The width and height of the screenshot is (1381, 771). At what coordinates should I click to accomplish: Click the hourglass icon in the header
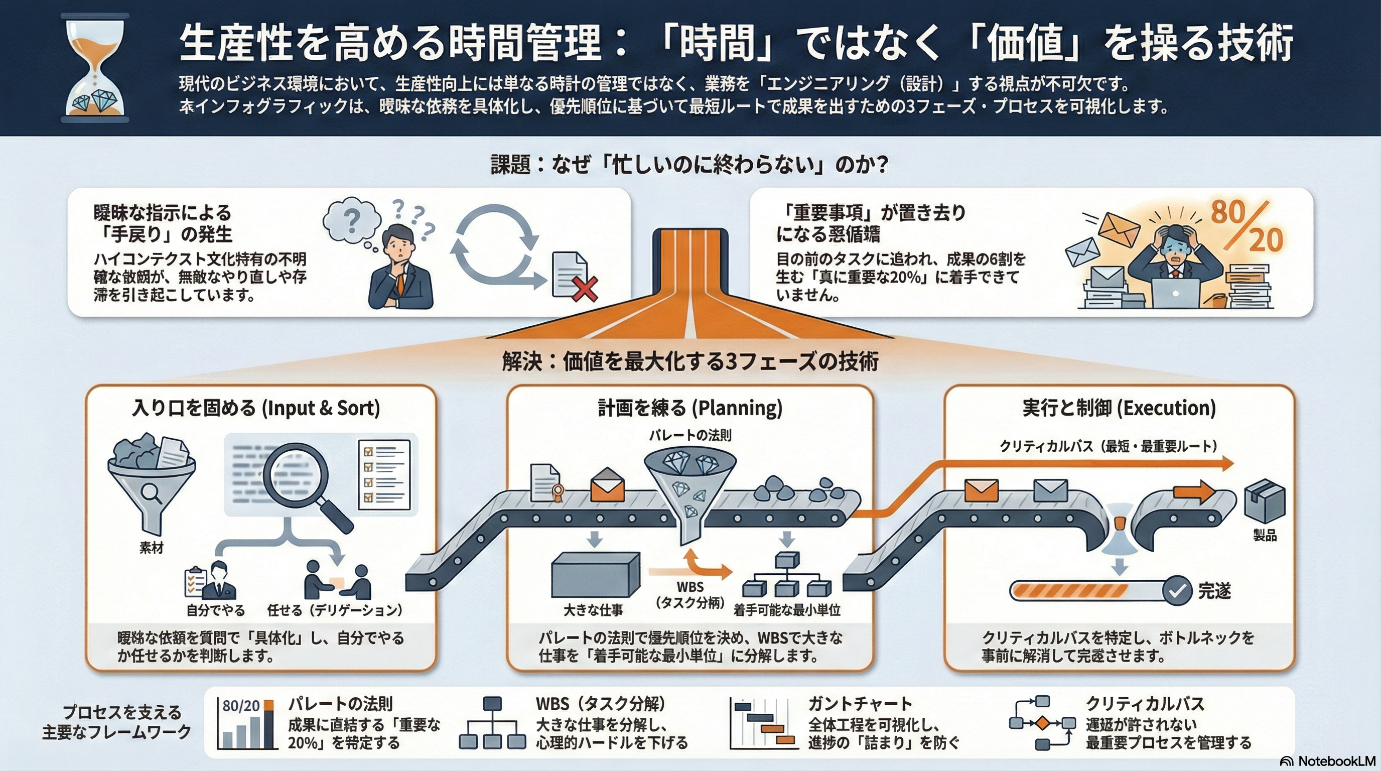[95, 69]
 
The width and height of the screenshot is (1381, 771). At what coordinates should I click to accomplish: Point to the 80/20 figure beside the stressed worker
[1247, 227]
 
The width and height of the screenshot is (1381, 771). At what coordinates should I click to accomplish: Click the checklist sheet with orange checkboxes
[384, 474]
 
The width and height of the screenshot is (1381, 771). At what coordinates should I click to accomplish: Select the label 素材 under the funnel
[151, 548]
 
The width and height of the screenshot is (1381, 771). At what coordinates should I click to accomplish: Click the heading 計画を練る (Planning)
[690, 408]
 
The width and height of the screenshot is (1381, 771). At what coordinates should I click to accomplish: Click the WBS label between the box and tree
[690, 587]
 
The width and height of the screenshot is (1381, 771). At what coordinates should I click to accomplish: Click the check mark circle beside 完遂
[1177, 591]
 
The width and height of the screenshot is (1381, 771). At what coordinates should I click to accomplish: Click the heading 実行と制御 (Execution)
[1119, 408]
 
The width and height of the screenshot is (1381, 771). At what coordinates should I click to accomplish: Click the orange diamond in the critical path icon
[1041, 723]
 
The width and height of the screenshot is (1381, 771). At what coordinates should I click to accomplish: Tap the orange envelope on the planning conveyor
[607, 485]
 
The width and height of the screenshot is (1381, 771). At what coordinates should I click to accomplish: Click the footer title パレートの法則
[340, 703]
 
